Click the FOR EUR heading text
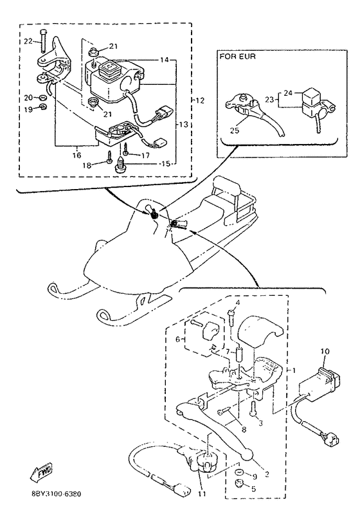[237, 57]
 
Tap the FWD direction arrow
[41, 473]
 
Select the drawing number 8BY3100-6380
[57, 494]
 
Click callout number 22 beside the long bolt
[28, 41]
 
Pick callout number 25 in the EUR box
[235, 131]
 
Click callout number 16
[76, 156]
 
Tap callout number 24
[288, 93]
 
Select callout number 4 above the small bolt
[238, 303]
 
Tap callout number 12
[201, 101]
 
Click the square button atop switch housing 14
[107, 68]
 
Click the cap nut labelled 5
[240, 483]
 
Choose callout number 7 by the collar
[228, 351]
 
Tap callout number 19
[28, 109]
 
